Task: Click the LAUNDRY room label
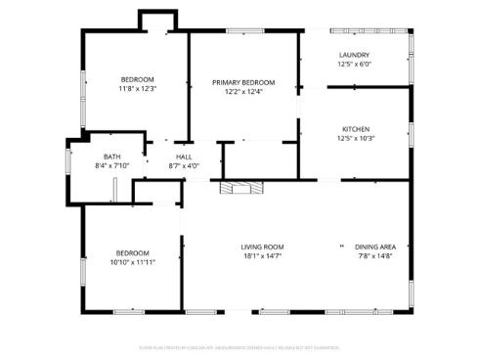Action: point(354,55)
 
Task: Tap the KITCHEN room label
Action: point(355,129)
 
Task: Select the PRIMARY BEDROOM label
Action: point(243,82)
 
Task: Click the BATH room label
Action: point(112,157)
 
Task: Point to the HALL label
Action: point(184,157)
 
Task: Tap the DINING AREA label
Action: point(374,247)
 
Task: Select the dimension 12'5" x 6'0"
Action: point(354,65)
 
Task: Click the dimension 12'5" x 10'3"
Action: point(355,139)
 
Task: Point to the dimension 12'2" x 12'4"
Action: point(243,92)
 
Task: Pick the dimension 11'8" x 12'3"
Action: point(137,88)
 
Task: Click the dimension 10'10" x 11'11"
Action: point(133,262)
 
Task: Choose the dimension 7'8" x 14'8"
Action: point(374,256)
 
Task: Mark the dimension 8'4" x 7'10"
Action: point(112,166)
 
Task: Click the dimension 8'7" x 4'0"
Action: point(184,166)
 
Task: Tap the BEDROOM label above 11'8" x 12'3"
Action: point(137,78)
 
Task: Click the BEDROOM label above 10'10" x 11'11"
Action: point(133,252)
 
